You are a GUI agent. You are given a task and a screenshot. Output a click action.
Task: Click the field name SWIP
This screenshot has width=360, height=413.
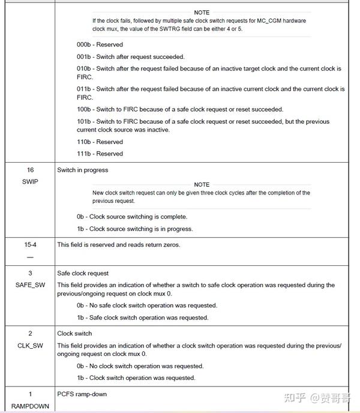coord(29,181)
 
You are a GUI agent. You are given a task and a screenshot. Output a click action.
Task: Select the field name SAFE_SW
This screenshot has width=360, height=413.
coord(30,285)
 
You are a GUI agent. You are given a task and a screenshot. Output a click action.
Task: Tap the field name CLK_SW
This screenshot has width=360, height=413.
coord(30,345)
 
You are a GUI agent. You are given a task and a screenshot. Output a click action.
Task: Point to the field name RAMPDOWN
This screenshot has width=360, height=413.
coord(30,406)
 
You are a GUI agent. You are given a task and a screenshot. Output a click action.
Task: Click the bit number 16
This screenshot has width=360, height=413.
coord(30,170)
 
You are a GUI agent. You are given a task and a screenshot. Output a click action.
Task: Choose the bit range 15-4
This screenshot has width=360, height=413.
coord(30,244)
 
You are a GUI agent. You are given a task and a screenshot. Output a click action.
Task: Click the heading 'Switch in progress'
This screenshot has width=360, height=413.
coord(83,170)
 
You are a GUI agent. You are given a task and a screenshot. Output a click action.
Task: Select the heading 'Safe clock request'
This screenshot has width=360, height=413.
coord(83,273)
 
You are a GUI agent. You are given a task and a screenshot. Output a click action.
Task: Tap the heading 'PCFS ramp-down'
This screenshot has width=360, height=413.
coord(82,394)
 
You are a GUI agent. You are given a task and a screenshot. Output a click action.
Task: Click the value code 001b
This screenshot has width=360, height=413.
coord(85,56)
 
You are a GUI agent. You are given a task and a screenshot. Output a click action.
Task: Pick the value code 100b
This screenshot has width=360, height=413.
coord(85,109)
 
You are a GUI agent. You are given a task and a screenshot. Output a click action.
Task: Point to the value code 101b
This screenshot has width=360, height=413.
coord(85,121)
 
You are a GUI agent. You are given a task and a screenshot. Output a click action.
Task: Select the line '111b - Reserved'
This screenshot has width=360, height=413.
coord(100,153)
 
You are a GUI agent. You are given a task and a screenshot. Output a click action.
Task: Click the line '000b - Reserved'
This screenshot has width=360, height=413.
coord(100,44)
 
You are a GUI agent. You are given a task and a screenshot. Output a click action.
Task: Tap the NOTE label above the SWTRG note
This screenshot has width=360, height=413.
coord(202,12)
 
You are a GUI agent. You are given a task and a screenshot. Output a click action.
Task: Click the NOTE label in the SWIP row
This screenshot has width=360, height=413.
coord(202,184)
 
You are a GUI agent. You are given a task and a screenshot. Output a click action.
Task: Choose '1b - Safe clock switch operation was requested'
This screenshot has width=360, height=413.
coord(142,318)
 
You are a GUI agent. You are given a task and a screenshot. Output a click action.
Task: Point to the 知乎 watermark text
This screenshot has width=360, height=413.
coord(296,397)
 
